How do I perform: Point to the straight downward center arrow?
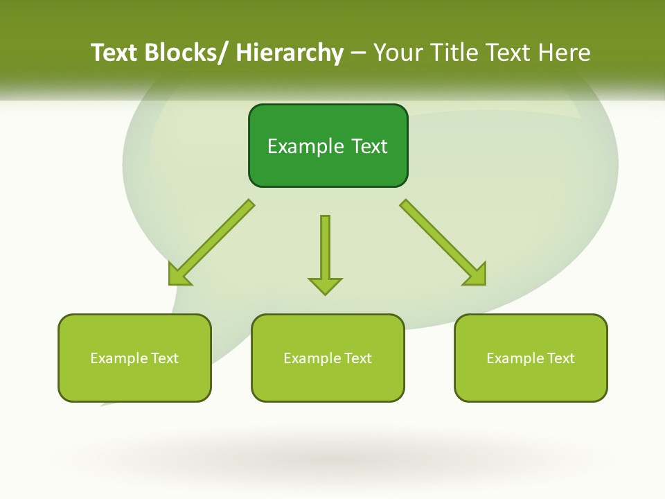(325, 246)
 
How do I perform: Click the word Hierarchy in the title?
(290, 53)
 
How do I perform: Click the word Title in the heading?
(453, 53)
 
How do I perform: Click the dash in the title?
(358, 53)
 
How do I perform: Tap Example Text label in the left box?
(134, 358)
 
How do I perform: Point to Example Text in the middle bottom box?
(328, 358)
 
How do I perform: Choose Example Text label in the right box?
(531, 358)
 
